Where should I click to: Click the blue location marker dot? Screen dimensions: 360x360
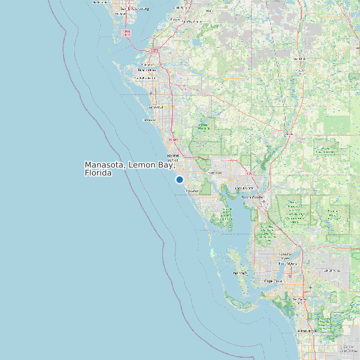tap(179, 179)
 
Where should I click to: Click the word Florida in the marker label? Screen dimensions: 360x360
tap(98, 173)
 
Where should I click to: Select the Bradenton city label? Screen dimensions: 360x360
tap(147, 70)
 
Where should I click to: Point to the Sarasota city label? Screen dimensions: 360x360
tap(155, 107)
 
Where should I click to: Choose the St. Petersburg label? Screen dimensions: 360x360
tap(132, 9)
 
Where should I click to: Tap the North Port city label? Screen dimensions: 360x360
tap(215, 173)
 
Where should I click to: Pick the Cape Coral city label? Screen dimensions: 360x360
tap(274, 281)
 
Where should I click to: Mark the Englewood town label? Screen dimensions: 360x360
tap(191, 191)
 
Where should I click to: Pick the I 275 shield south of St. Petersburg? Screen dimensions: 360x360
tap(126, 33)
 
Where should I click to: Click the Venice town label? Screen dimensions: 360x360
tap(172, 159)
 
